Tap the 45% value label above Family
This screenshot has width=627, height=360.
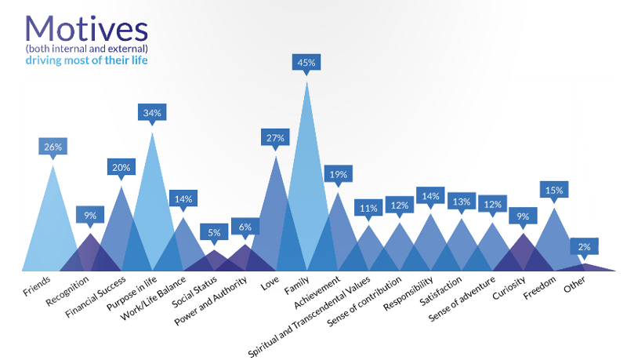click(306, 62)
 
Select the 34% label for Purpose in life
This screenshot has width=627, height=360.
click(151, 113)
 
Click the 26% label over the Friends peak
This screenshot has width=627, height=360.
click(53, 146)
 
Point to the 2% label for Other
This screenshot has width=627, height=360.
click(584, 246)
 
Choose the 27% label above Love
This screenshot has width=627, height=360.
click(275, 138)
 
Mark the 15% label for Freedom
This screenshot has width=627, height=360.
click(554, 190)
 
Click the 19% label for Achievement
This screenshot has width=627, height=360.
click(338, 174)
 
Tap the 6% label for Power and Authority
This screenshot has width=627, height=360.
click(245, 227)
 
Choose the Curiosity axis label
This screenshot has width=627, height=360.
click(509, 289)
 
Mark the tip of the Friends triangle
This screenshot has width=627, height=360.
click(53, 164)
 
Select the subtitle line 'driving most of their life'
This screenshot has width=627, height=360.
click(86, 60)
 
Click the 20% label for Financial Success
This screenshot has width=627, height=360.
click(121, 167)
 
